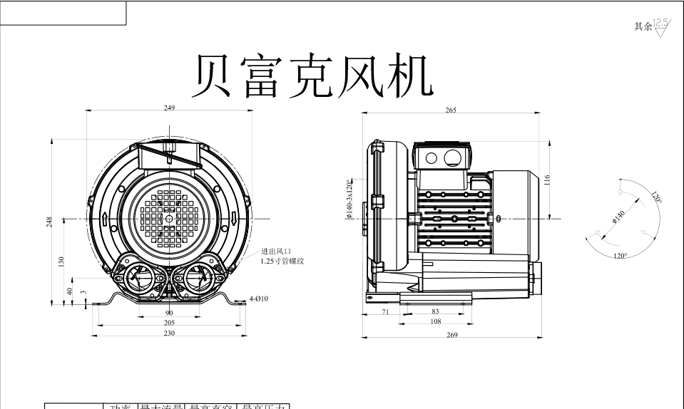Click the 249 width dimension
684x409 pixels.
pyautogui.click(x=169, y=108)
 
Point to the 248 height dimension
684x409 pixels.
pyautogui.click(x=50, y=222)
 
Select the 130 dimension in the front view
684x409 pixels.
pyautogui.click(x=62, y=262)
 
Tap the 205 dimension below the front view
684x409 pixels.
pyautogui.click(x=169, y=322)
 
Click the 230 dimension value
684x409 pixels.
pyautogui.click(x=169, y=333)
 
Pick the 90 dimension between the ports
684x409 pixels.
pyautogui.click(x=169, y=313)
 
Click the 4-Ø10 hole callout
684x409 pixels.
pyautogui.click(x=258, y=299)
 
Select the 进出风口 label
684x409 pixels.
pyautogui.click(x=275, y=251)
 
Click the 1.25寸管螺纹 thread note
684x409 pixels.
pyautogui.click(x=282, y=261)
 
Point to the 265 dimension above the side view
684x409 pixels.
pyautogui.click(x=451, y=110)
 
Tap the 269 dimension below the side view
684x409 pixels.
pyautogui.click(x=452, y=335)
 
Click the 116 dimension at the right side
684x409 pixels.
pyautogui.click(x=546, y=180)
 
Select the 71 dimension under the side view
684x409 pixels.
pyautogui.click(x=385, y=311)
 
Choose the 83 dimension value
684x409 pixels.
pyautogui.click(x=435, y=311)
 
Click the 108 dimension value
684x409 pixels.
pyautogui.click(x=435, y=321)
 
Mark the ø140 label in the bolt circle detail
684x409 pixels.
pyautogui.click(x=618, y=217)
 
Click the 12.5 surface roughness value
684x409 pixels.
pyautogui.click(x=661, y=23)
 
